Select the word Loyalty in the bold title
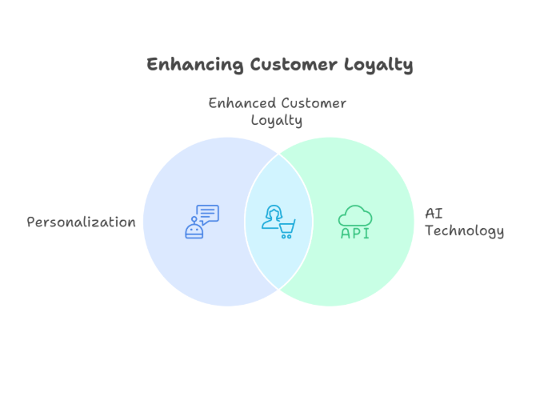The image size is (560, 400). tap(379, 66)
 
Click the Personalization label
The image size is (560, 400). tap(81, 222)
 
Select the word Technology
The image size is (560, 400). tap(464, 232)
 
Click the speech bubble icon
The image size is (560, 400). tap(208, 214)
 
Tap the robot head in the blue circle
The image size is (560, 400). tap(194, 231)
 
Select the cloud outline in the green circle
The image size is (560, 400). tap(355, 215)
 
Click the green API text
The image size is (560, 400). tap(355, 234)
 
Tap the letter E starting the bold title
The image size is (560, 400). tap(152, 65)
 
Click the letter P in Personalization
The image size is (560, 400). tap(31, 222)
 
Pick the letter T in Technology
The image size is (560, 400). tap(429, 231)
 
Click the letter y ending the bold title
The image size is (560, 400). tap(409, 67)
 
